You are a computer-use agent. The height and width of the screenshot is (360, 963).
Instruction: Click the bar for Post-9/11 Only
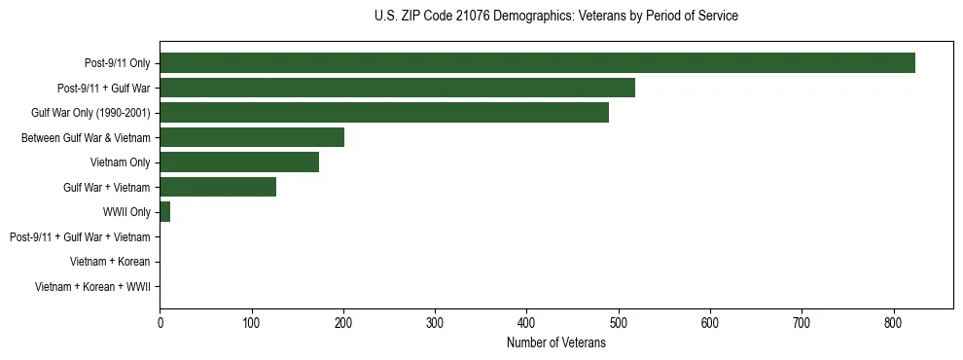pyautogui.click(x=537, y=63)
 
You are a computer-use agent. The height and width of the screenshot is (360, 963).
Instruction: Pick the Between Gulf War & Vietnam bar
pyautogui.click(x=252, y=137)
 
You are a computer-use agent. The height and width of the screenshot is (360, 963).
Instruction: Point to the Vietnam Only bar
pyautogui.click(x=239, y=162)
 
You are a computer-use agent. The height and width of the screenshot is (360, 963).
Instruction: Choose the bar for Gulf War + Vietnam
pyautogui.click(x=218, y=187)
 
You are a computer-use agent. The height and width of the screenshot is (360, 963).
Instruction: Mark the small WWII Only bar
pyautogui.click(x=165, y=212)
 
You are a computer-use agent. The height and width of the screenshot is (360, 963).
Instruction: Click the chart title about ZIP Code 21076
pyautogui.click(x=555, y=17)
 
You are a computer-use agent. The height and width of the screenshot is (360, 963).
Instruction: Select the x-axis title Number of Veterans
pyautogui.click(x=555, y=343)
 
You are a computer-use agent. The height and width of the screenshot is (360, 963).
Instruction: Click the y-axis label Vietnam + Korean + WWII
pyautogui.click(x=92, y=287)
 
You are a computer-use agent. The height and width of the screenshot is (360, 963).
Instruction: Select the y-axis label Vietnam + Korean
pyautogui.click(x=110, y=262)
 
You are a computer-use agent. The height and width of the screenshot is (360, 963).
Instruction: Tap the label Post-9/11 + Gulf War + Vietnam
pyautogui.click(x=80, y=236)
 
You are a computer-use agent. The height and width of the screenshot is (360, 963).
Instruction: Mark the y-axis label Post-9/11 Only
pyautogui.click(x=118, y=63)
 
